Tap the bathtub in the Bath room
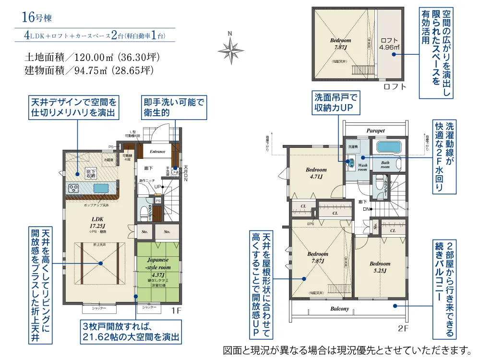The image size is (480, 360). [x=389, y=147]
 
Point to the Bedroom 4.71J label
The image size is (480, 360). [x=316, y=173]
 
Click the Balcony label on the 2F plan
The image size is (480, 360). [x=339, y=309]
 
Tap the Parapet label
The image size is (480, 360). [x=376, y=130]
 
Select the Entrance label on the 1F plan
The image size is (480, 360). [x=157, y=152]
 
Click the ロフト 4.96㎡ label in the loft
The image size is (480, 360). [x=389, y=44]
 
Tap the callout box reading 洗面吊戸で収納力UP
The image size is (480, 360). [x=336, y=102]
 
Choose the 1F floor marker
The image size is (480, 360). [x=176, y=311]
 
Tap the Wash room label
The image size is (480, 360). [x=362, y=167]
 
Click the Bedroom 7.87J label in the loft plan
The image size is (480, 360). [x=340, y=44]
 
